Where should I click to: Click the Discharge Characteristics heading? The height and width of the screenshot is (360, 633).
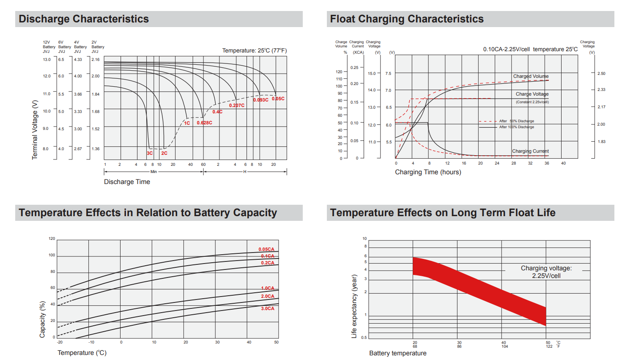[84, 19]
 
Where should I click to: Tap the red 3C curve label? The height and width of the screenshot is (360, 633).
[150, 153]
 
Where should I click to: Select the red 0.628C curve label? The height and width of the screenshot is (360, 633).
[204, 123]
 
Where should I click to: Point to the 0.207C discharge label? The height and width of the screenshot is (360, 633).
[237, 105]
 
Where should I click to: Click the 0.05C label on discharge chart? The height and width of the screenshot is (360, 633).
[278, 99]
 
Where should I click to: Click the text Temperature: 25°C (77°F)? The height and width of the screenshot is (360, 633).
[255, 50]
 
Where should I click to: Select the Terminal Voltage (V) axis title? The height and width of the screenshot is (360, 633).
[35, 130]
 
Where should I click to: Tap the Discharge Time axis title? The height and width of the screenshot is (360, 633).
[127, 182]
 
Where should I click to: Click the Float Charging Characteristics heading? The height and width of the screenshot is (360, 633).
[407, 19]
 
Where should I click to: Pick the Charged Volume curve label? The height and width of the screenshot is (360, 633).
[531, 76]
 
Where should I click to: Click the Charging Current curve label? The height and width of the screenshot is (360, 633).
[530, 151]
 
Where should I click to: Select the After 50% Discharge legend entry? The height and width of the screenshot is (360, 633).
[516, 121]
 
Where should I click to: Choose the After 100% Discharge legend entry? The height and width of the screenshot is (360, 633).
[516, 127]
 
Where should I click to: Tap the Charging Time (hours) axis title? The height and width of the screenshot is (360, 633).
[428, 172]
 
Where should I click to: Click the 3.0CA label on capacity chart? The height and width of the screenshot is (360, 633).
[268, 308]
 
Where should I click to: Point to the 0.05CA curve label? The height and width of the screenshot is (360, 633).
[266, 249]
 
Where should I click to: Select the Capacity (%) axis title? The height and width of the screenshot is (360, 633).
[42, 319]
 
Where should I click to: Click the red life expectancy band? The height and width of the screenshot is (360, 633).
[478, 288]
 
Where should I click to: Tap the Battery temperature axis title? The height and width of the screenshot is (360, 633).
[397, 353]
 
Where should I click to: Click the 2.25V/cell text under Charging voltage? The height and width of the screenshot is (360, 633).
[546, 276]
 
